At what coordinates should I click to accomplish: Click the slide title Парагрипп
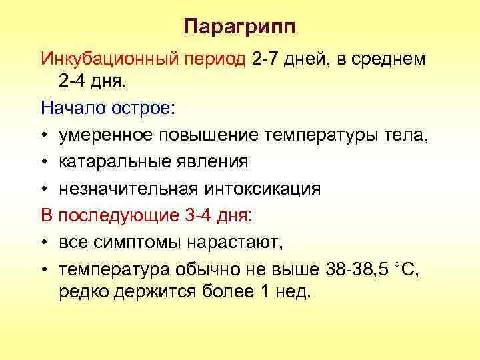click(239, 28)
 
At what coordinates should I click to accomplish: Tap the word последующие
click(114, 215)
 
